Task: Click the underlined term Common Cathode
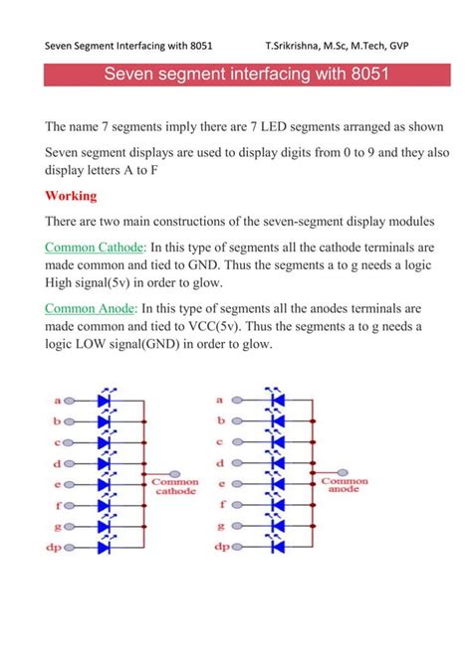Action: pos(96,246)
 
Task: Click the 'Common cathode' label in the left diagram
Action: pos(175,486)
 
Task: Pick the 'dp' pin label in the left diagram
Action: pos(56,546)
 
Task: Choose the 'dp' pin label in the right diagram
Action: pos(221,546)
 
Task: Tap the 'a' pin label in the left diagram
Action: pos(58,401)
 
